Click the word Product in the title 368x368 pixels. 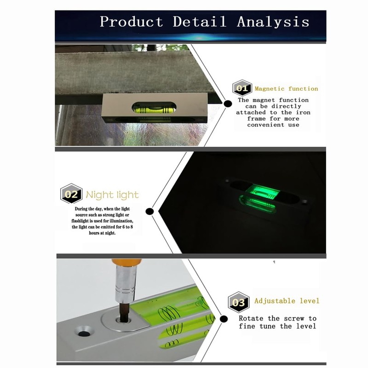132,22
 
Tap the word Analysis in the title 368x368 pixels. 273,22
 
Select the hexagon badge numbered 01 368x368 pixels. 242,88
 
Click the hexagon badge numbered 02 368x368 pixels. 71,194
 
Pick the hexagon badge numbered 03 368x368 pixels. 239,302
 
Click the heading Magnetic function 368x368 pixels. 286,89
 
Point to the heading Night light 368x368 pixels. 112,195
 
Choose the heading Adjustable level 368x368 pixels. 287,301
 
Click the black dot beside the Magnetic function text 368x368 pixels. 228,104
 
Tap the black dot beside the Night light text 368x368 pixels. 149,211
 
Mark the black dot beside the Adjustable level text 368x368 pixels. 224,319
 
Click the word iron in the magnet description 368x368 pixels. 303,112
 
